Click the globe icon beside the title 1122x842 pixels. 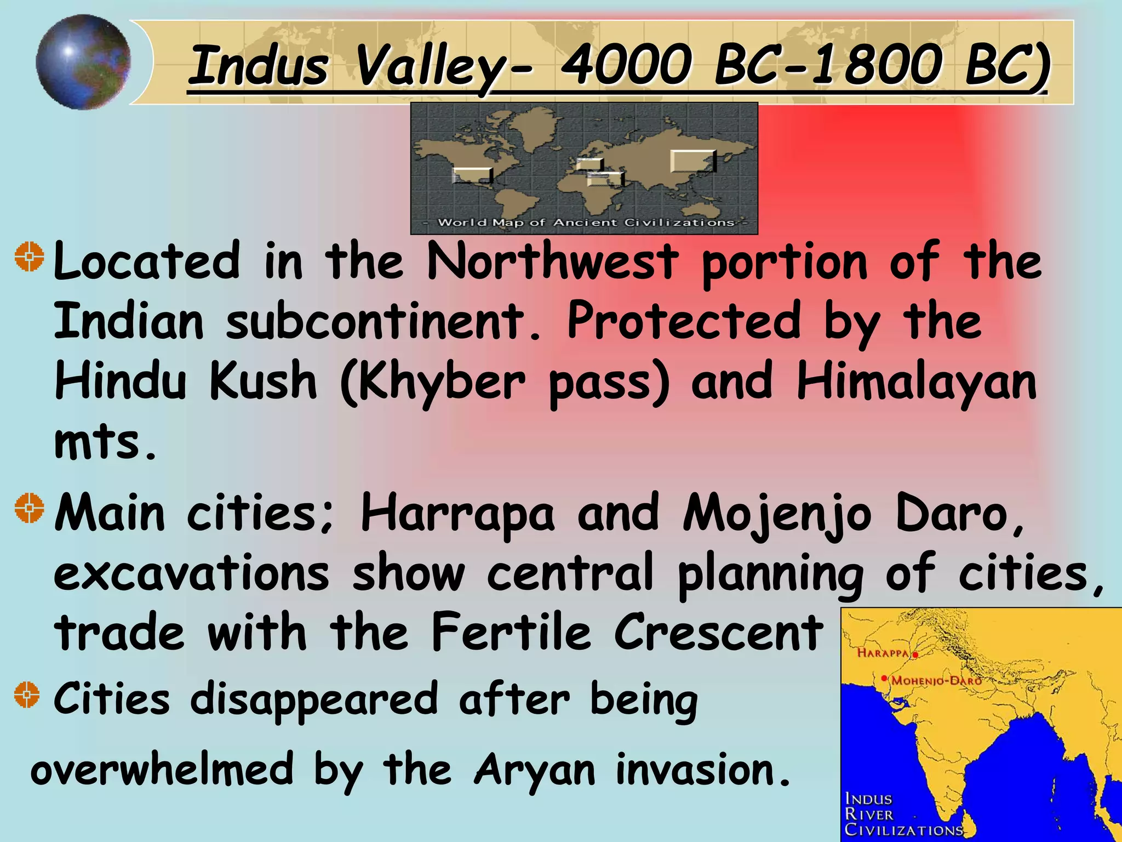(x=83, y=62)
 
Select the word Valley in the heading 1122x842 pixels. (x=430, y=67)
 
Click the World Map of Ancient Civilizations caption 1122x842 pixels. (x=585, y=223)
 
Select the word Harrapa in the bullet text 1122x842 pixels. (x=457, y=514)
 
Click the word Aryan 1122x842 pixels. (x=535, y=770)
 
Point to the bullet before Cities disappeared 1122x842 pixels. (x=27, y=695)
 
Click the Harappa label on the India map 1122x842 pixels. (x=882, y=653)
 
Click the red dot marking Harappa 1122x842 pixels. (x=915, y=655)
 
